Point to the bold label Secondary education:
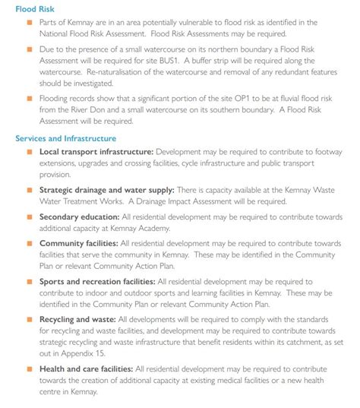77,216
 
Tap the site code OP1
260,98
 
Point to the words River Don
83,109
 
